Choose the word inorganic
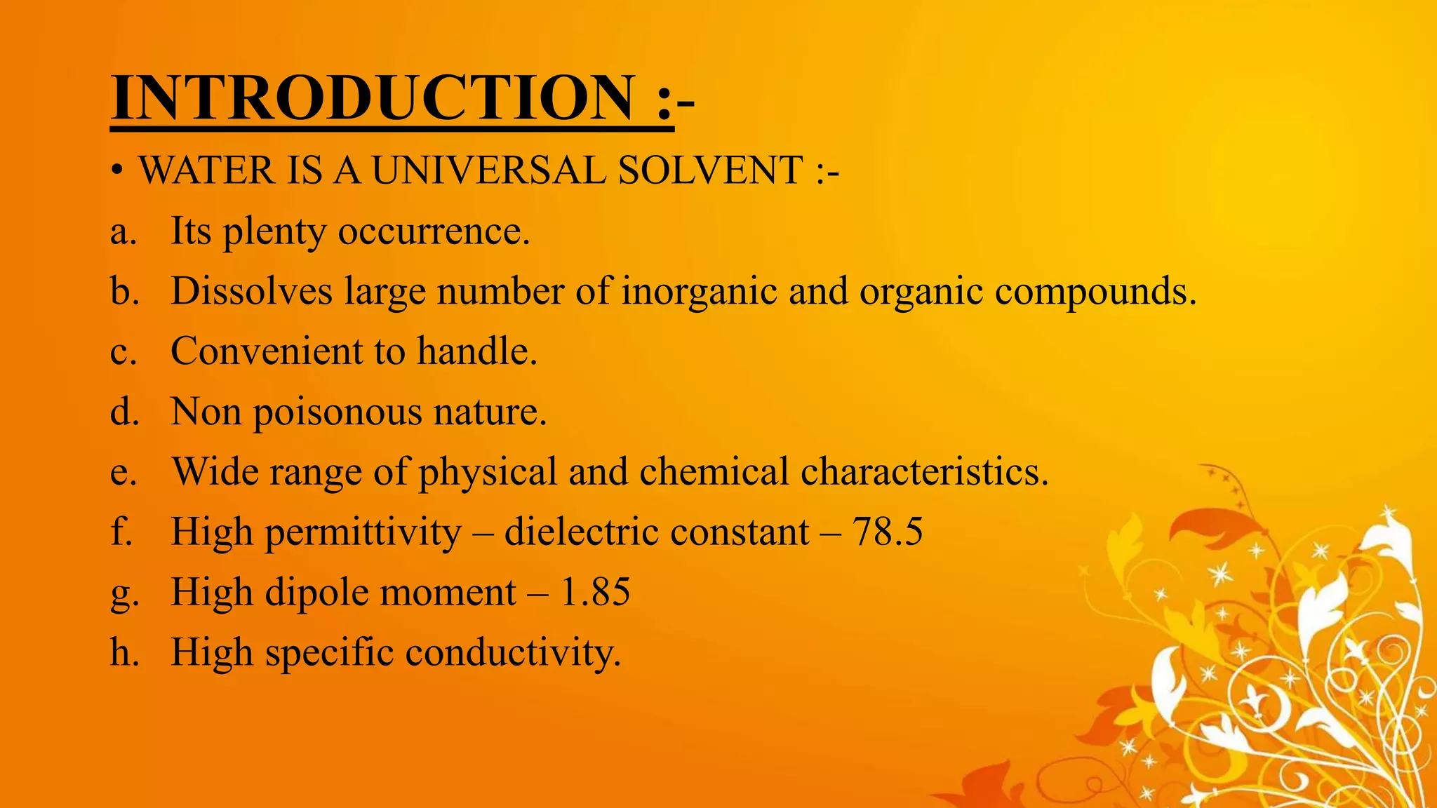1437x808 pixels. pyautogui.click(x=699, y=291)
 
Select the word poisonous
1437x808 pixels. pyautogui.click(x=337, y=412)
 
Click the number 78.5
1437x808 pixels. pyautogui.click(x=888, y=532)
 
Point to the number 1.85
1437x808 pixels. pyautogui.click(x=596, y=592)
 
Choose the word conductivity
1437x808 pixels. pyautogui.click(x=513, y=653)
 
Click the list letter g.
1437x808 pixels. pyautogui.click(x=124, y=595)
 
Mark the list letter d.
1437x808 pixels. pyautogui.click(x=124, y=411)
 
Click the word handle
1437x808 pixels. pyautogui.click(x=477, y=351)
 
